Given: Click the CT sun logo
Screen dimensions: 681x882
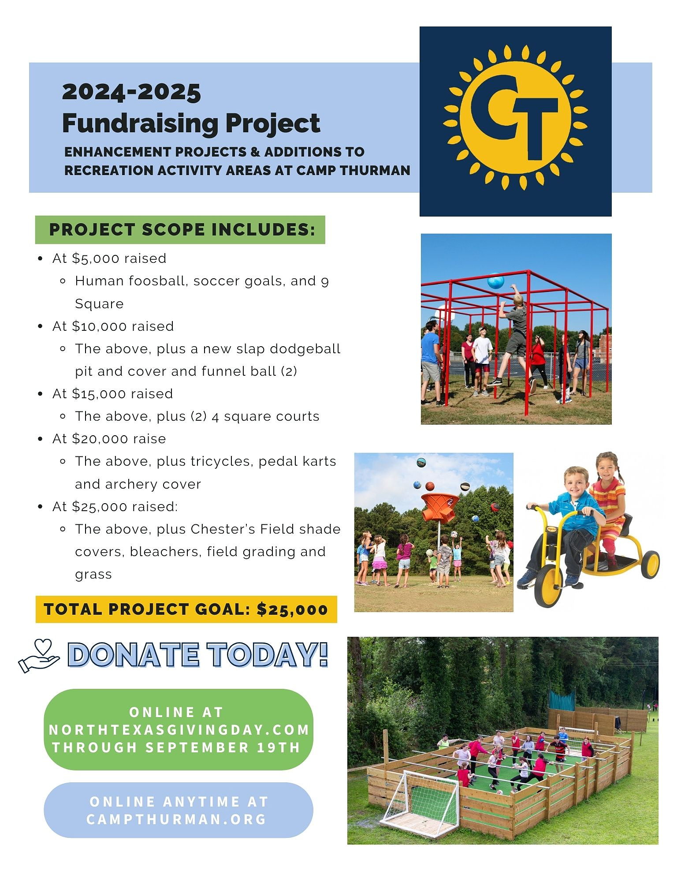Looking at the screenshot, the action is (x=515, y=117).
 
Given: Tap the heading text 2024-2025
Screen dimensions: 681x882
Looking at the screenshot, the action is (x=131, y=92).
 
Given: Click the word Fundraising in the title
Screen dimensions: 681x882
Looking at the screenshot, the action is (x=140, y=123).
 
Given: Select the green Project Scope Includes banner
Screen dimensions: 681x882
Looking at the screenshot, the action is (x=180, y=230).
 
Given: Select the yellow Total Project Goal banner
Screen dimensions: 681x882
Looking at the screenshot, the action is (x=186, y=609).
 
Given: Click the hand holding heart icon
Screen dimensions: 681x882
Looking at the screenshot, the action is (x=39, y=656).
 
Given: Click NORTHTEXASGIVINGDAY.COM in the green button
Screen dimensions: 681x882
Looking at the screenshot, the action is (x=179, y=730).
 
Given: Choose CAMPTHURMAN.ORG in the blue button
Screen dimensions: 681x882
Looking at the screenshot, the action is (x=177, y=819).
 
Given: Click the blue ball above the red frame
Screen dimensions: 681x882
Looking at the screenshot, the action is (x=496, y=281).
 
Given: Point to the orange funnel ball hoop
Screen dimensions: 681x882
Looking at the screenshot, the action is (x=440, y=507).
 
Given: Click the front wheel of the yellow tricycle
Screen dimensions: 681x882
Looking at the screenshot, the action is (x=548, y=586).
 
